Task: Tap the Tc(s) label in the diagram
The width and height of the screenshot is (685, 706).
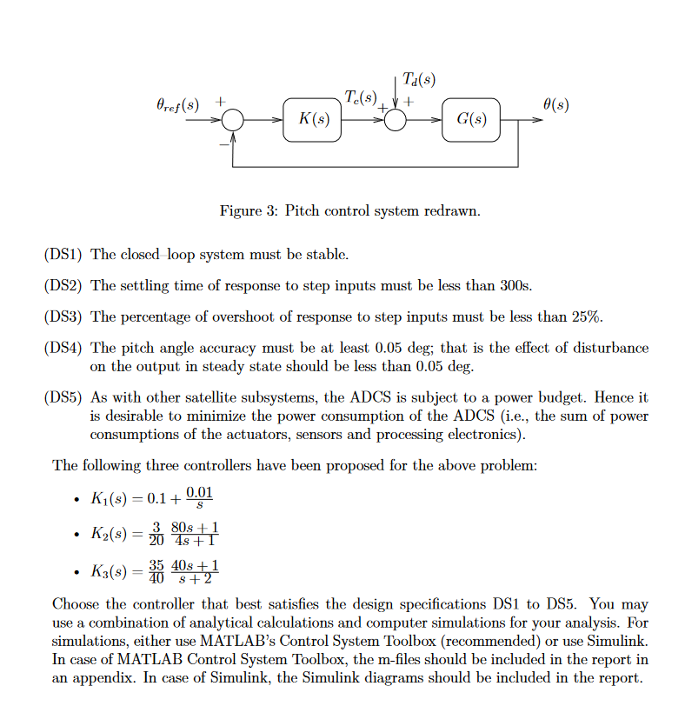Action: [x=362, y=97]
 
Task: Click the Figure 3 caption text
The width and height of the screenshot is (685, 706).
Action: [x=349, y=211]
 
